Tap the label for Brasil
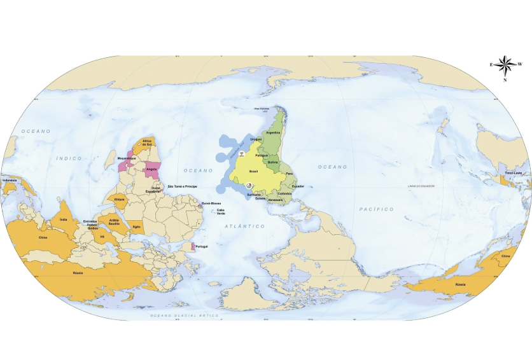pyautogui.click(x=253, y=171)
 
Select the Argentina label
pyautogui.click(x=274, y=132)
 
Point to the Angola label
pyautogui.click(x=151, y=169)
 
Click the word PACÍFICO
pyautogui.click(x=376, y=209)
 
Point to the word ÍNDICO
pyautogui.click(x=71, y=158)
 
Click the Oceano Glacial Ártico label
pyautogui.click(x=175, y=315)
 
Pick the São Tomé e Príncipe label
pyautogui.click(x=183, y=186)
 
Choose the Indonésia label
pyautogui.click(x=10, y=180)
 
